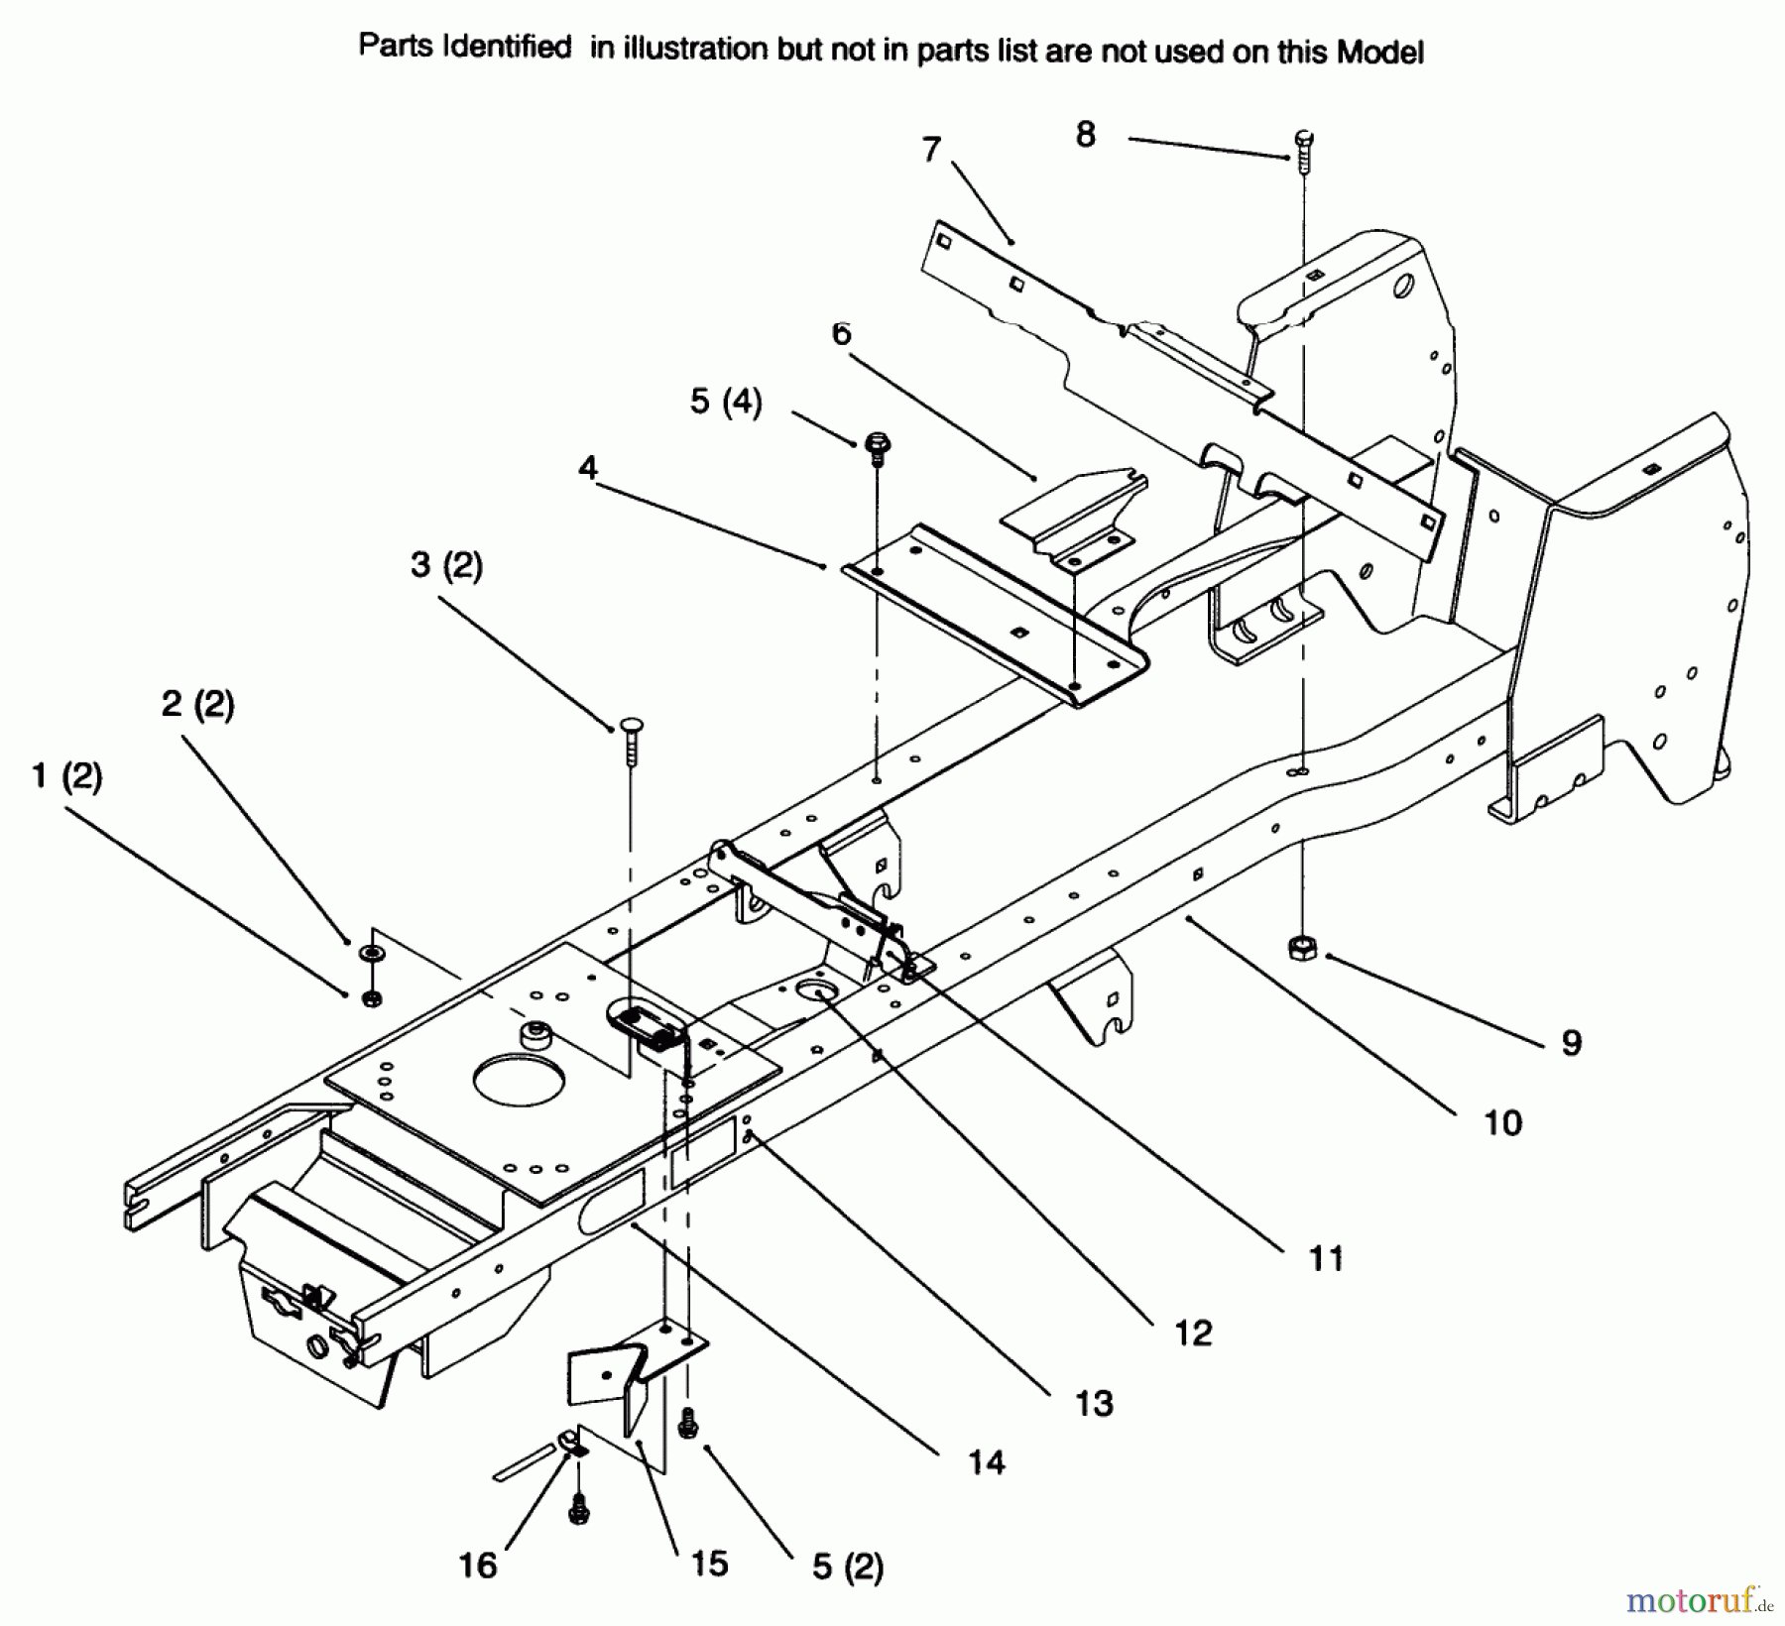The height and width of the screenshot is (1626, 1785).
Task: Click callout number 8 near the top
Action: coord(1086,134)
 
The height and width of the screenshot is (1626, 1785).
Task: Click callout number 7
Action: coord(930,150)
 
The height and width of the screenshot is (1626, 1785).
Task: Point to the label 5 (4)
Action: coord(726,402)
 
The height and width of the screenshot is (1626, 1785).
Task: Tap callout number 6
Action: coord(841,333)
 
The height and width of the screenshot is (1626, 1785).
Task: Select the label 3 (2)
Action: coord(446,565)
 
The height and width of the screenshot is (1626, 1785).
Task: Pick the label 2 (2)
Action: coord(197,704)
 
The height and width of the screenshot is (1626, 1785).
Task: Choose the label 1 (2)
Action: coord(66,775)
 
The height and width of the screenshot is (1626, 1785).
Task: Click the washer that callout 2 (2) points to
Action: coord(372,954)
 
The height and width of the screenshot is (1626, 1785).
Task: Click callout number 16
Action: coord(477,1565)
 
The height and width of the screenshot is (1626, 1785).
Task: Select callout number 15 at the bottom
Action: coord(709,1563)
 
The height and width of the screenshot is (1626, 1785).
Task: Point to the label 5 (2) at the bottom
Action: coord(847,1566)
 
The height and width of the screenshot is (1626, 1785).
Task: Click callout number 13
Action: coord(1094,1403)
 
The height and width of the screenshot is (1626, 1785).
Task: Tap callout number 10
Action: coord(1502,1122)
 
